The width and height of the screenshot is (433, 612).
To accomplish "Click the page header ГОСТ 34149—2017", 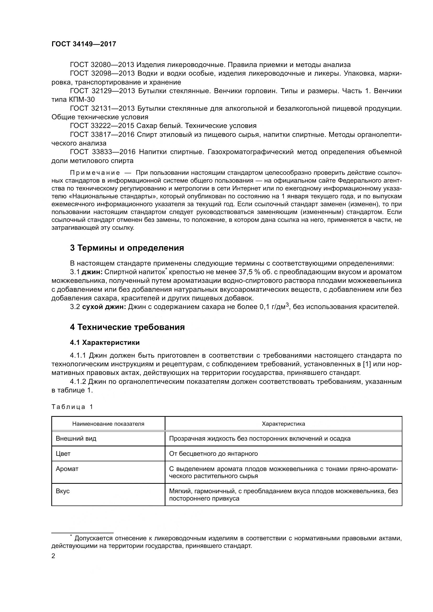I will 84,44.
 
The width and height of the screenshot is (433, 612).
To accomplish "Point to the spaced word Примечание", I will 95,173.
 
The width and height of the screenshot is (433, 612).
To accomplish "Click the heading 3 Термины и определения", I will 127,248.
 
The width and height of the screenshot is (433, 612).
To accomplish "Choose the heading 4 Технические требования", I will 127,327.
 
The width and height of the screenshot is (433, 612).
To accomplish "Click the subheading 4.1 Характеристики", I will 105,343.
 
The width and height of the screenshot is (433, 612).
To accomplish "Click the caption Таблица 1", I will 72,407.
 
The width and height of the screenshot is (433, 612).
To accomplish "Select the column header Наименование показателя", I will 108,424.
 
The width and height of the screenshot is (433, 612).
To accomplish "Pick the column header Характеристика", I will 284,424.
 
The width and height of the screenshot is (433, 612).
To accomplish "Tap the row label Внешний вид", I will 76,439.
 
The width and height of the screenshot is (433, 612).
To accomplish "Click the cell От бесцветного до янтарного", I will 213,454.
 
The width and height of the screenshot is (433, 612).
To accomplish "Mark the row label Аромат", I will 67,469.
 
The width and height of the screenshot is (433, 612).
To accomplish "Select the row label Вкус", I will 63,491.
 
